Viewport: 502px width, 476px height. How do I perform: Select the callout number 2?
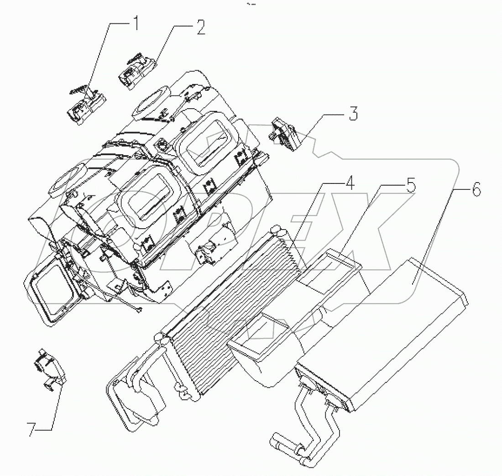(200, 28)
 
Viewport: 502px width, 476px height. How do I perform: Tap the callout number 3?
(353, 114)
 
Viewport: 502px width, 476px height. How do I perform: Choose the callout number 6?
(476, 190)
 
